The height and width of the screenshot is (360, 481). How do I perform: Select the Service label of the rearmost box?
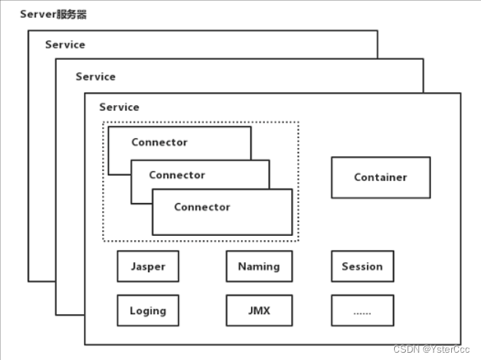pos(65,45)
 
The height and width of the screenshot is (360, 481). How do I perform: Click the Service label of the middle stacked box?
pos(96,77)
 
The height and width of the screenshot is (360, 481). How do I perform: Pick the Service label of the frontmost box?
pos(119,107)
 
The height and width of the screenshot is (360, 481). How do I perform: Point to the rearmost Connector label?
pos(159,142)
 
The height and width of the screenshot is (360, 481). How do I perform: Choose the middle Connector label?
pos(177,175)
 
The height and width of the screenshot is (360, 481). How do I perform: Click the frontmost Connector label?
pos(201,207)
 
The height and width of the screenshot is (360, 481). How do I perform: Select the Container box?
pos(380,177)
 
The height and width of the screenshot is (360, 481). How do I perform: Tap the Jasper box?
pos(147,267)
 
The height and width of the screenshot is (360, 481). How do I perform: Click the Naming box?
pos(258,267)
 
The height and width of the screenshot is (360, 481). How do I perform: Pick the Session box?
pos(362,267)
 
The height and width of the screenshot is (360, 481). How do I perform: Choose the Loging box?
pos(147,310)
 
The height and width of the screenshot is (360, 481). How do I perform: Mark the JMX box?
pos(258,310)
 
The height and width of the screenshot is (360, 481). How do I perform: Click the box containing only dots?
pos(362,310)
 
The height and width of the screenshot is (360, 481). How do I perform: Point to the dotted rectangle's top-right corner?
pos(299,122)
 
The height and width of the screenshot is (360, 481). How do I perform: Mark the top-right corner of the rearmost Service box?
pos(377,31)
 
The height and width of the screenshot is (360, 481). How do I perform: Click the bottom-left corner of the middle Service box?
pos(56,315)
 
